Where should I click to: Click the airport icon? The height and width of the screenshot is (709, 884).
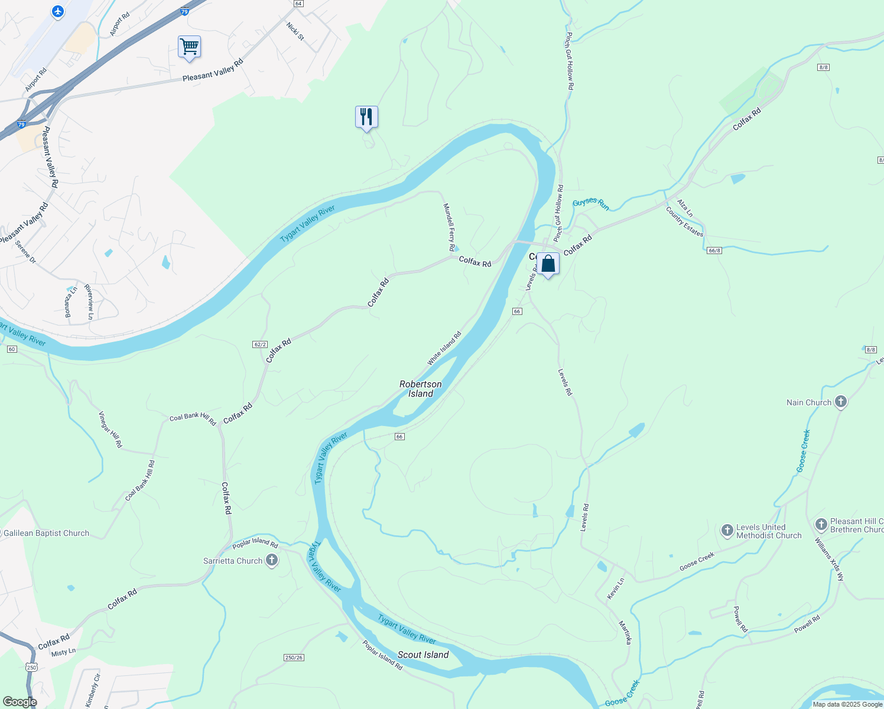(x=58, y=11)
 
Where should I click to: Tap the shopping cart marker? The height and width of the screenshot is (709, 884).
(x=189, y=46)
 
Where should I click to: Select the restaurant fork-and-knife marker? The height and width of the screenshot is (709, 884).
(x=366, y=116)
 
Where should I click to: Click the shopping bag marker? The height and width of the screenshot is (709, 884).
(x=548, y=264)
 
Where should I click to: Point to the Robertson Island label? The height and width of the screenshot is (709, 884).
(x=420, y=389)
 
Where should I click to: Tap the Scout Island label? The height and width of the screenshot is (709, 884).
(x=423, y=655)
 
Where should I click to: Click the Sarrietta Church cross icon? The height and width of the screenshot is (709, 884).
(x=272, y=560)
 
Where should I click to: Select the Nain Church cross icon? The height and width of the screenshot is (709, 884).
(x=841, y=402)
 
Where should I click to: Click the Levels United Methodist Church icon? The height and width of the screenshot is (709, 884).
(x=727, y=531)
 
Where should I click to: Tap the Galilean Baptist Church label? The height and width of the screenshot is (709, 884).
(x=47, y=533)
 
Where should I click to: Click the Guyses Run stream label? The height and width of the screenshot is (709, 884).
(x=590, y=204)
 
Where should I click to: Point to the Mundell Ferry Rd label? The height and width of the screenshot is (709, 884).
(x=449, y=227)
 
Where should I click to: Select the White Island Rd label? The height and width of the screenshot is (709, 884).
(x=444, y=349)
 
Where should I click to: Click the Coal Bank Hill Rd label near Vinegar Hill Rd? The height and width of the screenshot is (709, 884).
(x=193, y=418)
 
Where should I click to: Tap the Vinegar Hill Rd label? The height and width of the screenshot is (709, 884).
(x=110, y=429)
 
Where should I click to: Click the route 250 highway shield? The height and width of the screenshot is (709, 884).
(x=31, y=667)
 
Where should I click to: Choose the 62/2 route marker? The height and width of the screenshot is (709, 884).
(x=260, y=344)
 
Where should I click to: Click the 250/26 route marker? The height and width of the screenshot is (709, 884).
(x=294, y=658)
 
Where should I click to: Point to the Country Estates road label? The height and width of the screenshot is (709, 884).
(x=685, y=222)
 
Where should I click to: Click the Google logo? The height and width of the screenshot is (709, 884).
(x=20, y=701)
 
